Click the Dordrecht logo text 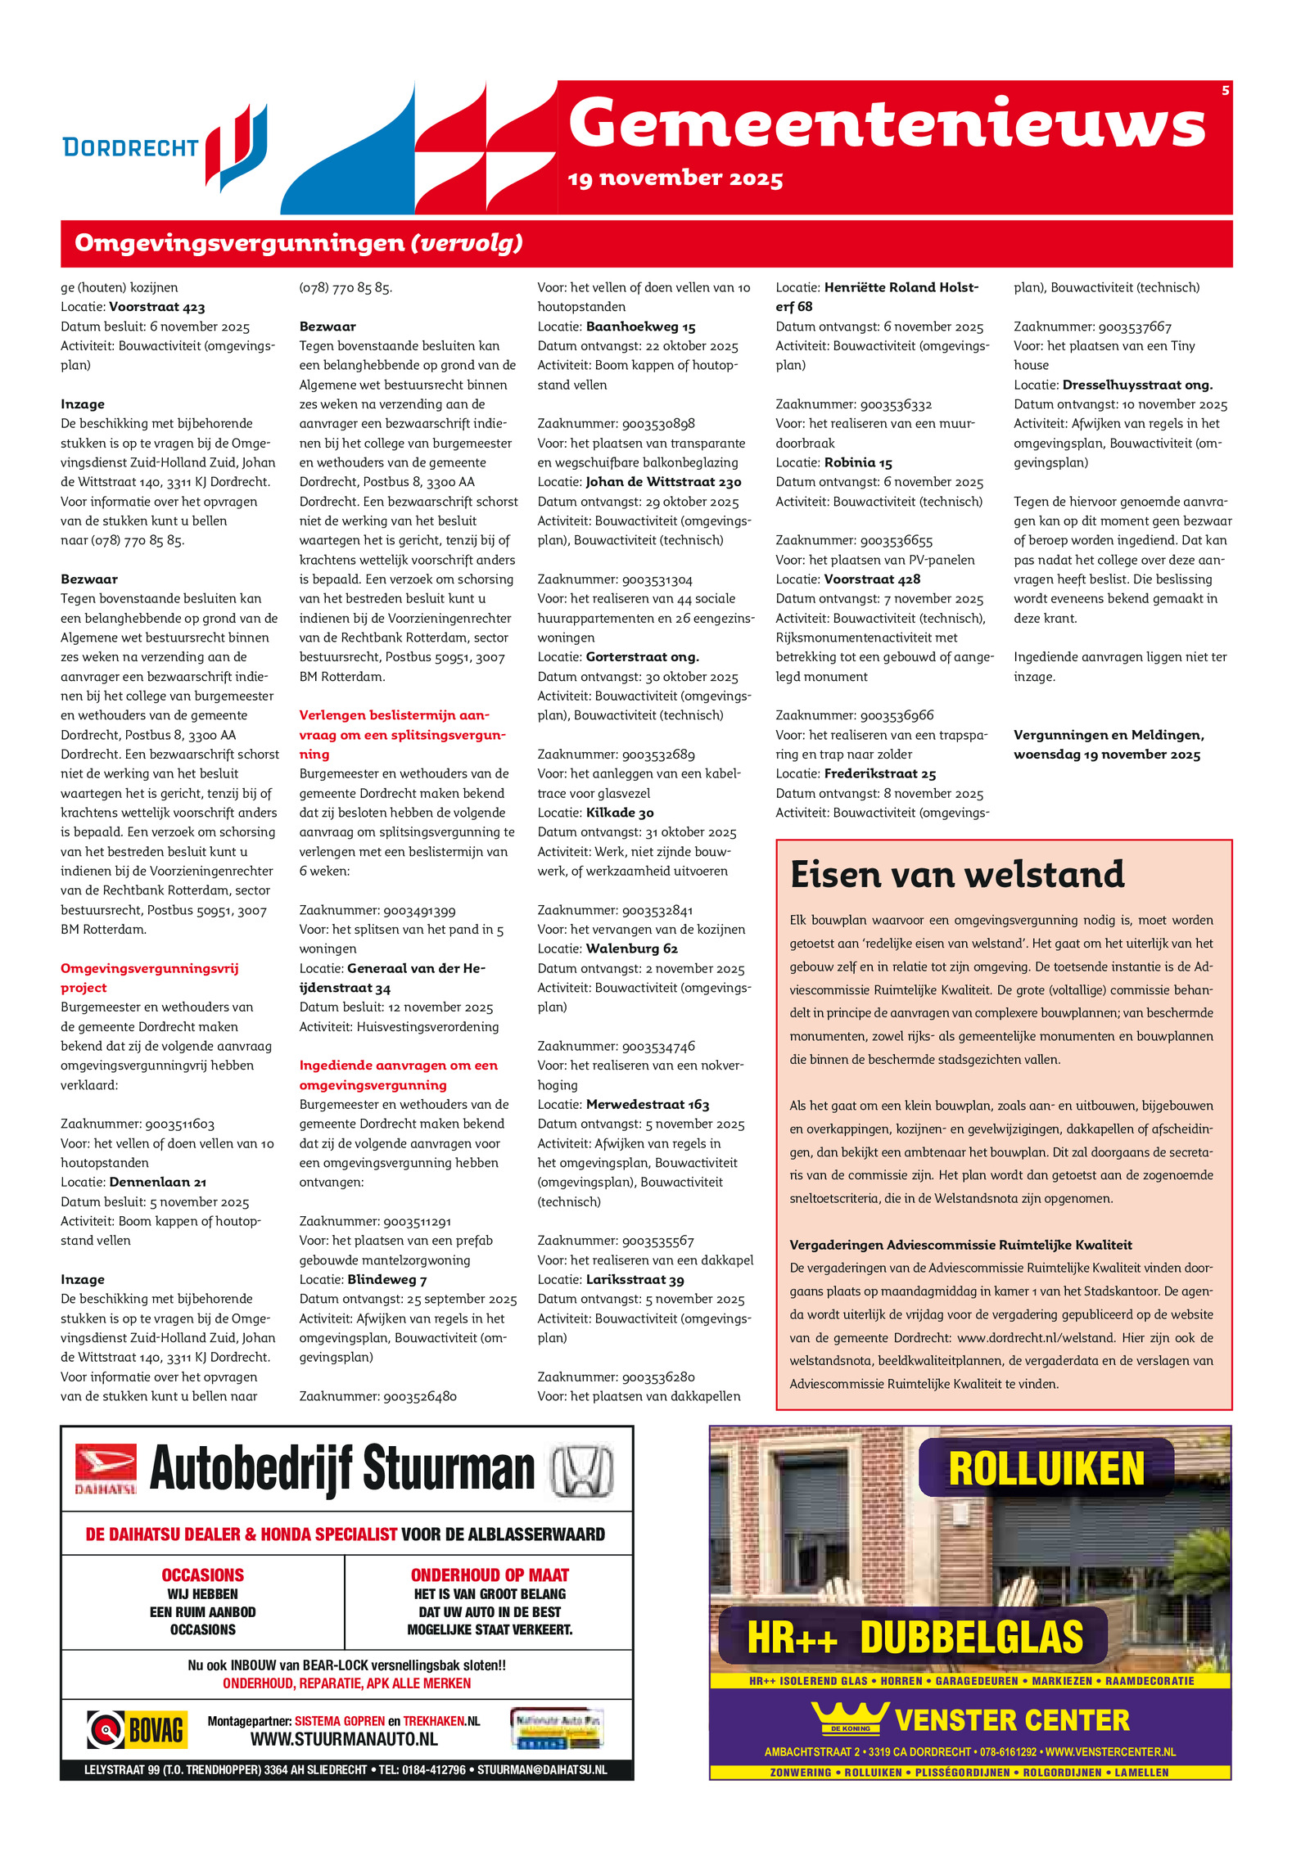pyautogui.click(x=130, y=147)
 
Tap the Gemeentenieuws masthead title pyautogui.click(x=887, y=123)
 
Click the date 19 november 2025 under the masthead pyautogui.click(x=675, y=178)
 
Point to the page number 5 pyautogui.click(x=1225, y=90)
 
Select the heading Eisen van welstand pyautogui.click(x=957, y=874)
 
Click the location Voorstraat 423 pyautogui.click(x=156, y=307)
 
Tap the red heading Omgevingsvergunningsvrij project pyautogui.click(x=149, y=977)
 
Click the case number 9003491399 pyautogui.click(x=418, y=910)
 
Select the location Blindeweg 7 pyautogui.click(x=386, y=1279)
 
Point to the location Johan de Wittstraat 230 pyautogui.click(x=663, y=482)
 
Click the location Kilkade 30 pyautogui.click(x=620, y=813)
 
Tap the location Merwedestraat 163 pyautogui.click(x=648, y=1104)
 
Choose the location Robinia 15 pyautogui.click(x=858, y=462)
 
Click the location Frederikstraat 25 pyautogui.click(x=879, y=773)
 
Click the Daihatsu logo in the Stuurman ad pyautogui.click(x=106, y=1469)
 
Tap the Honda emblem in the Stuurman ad pyautogui.click(x=581, y=1471)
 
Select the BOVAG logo pyautogui.click(x=137, y=1729)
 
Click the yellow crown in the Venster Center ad pyautogui.click(x=850, y=1717)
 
